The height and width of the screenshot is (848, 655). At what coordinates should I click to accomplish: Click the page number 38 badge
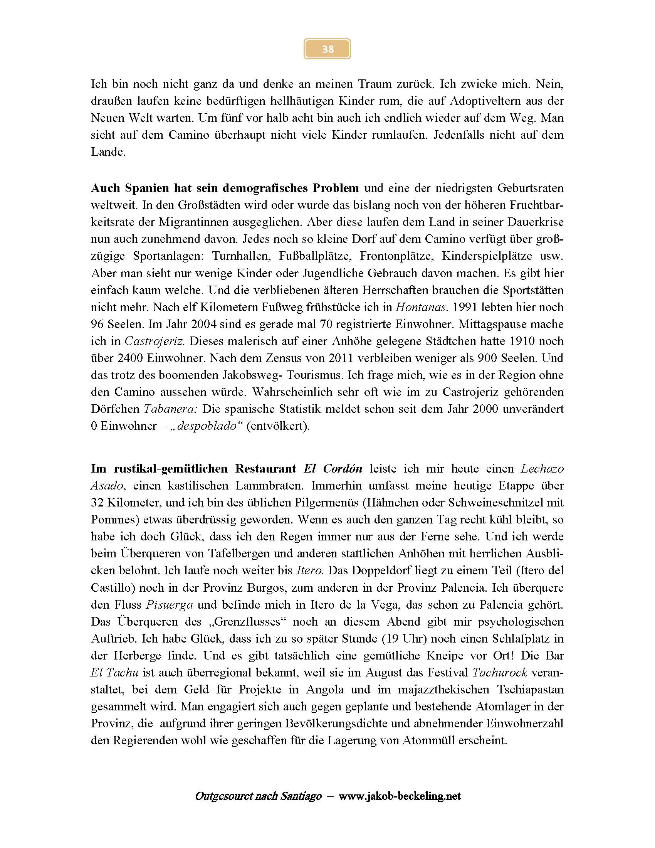(x=327, y=49)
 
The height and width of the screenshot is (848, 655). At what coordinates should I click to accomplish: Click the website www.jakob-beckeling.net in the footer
(x=400, y=796)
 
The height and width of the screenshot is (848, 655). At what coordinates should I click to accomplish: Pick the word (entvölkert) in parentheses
(x=278, y=426)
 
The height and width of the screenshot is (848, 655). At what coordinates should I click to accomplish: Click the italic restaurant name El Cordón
(x=333, y=469)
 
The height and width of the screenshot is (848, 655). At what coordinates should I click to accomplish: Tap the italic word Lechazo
(x=542, y=469)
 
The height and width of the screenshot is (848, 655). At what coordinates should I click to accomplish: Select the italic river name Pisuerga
(x=169, y=604)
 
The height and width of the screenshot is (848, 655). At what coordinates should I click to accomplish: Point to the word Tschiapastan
(x=530, y=690)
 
